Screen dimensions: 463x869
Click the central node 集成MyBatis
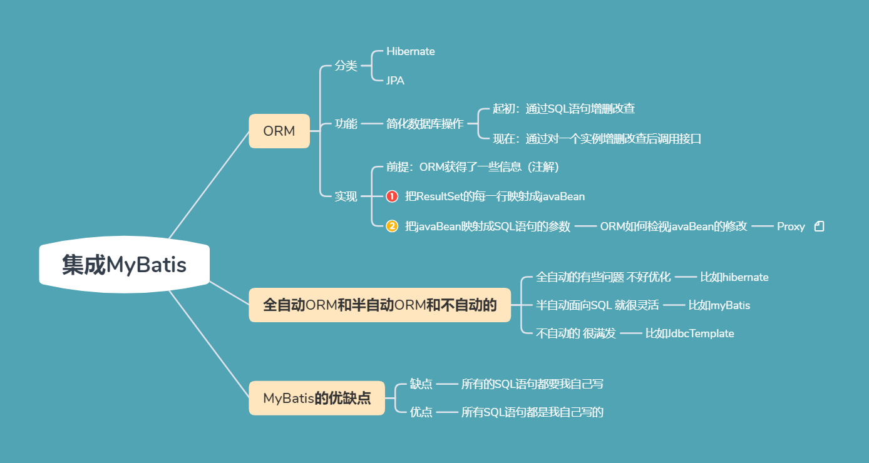pos(124,265)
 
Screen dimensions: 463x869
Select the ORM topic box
pos(279,131)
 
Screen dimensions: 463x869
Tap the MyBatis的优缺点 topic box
pos(317,398)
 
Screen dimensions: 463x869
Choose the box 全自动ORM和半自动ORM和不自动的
pos(379,305)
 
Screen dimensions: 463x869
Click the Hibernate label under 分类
pos(411,51)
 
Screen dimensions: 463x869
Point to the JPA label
pos(395,81)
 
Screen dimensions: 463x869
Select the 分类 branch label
pos(346,66)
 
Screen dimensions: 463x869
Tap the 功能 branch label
pos(346,124)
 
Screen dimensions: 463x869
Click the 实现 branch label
pos(346,196)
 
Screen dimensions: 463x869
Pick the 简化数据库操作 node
pos(425,124)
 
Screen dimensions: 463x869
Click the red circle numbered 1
pos(392,196)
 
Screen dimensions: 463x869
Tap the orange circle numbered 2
pos(392,226)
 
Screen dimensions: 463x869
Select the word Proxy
pos(791,226)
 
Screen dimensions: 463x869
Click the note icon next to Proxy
pos(819,226)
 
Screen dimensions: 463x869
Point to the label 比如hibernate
pos(734,277)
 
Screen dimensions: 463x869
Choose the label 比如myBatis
pos(719,305)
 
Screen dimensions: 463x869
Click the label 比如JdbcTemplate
pos(689,333)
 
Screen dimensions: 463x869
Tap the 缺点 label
pos(421,384)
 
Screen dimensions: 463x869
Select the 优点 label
pos(421,412)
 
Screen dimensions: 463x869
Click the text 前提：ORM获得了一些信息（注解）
pos(472,167)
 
